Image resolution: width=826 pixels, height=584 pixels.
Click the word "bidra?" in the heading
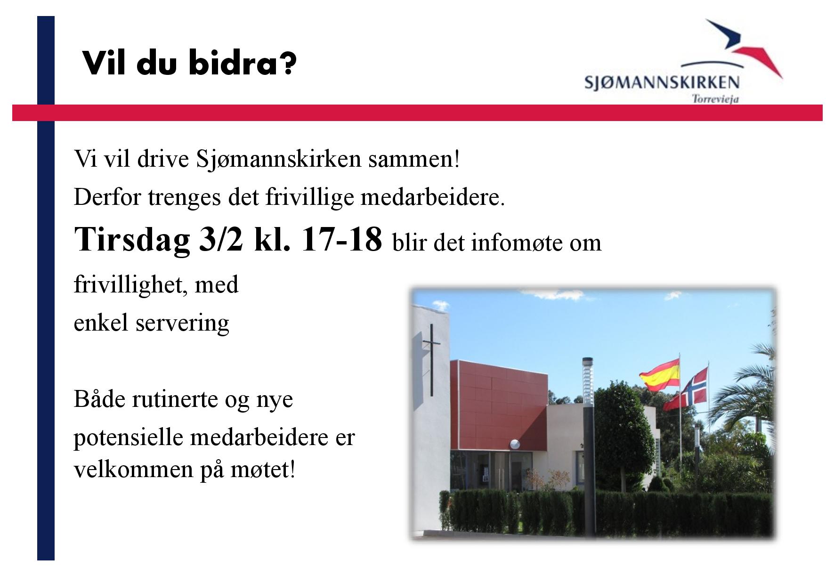click(243, 63)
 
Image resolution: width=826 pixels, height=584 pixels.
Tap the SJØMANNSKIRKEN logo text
click(662, 82)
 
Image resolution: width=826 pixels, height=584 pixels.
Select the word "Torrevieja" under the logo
click(715, 99)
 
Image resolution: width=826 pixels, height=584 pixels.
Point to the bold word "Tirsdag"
click(132, 240)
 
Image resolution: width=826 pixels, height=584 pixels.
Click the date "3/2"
click(221, 239)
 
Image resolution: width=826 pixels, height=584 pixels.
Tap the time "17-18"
click(340, 239)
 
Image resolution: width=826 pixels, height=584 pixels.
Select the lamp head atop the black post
click(588, 381)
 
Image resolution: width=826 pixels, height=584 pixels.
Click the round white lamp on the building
click(516, 444)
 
